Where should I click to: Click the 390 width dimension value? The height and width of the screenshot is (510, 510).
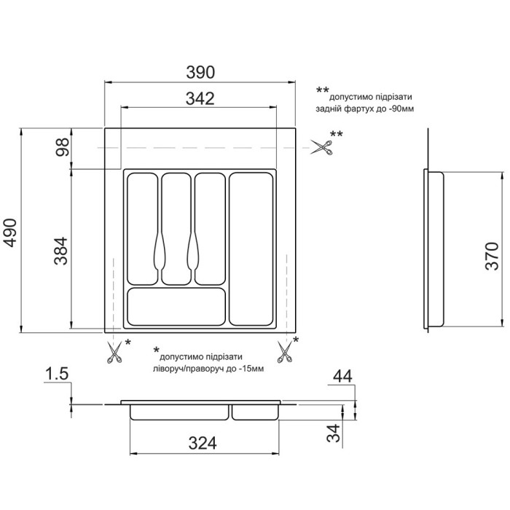(200, 72)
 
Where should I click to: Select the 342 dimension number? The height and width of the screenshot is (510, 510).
(200, 98)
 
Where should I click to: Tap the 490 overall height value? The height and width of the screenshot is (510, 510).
(10, 233)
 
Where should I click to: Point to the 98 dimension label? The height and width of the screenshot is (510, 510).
(62, 147)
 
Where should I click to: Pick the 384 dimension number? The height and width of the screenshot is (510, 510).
(60, 251)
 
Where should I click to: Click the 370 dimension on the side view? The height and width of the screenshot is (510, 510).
(492, 256)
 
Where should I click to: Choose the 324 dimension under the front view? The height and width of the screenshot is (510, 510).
(203, 443)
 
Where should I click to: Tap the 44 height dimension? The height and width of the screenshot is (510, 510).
(342, 377)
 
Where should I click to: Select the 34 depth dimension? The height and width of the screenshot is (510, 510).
(334, 433)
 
